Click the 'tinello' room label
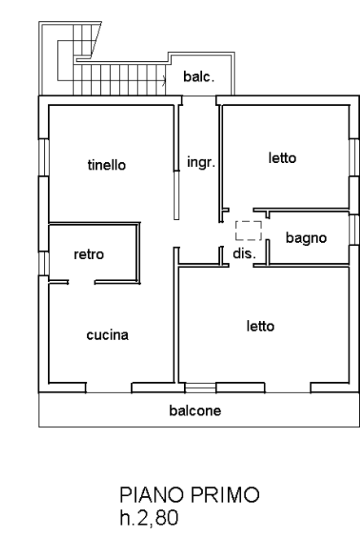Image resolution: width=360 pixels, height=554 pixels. click(x=107, y=165)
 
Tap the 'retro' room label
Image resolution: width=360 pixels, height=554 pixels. click(x=89, y=254)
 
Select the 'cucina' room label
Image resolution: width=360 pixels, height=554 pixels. click(x=108, y=335)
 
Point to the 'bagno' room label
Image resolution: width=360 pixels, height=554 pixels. click(x=306, y=238)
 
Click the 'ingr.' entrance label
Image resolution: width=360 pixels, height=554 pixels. click(x=201, y=162)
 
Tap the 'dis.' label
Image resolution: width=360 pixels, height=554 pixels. click(x=244, y=253)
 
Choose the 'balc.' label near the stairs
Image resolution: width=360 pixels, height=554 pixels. click(x=199, y=77)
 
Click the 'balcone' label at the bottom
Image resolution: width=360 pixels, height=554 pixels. click(x=195, y=411)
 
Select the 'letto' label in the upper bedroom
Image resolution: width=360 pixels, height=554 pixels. click(x=283, y=157)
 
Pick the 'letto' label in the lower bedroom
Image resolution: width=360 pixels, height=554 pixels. click(x=261, y=326)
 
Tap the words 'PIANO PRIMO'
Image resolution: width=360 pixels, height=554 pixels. click(x=190, y=495)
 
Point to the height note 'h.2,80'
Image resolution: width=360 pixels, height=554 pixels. click(x=149, y=518)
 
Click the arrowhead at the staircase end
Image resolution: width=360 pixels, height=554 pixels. click(x=165, y=81)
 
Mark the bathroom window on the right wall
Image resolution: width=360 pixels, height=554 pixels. click(x=353, y=229)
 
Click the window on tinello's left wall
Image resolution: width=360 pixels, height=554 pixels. click(x=43, y=157)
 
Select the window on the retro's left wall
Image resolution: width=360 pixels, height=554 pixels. click(x=43, y=264)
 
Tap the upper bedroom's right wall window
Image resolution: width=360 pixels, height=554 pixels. click(x=353, y=157)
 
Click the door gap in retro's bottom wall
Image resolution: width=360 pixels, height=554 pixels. click(x=81, y=283)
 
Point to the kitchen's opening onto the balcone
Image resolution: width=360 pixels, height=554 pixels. click(x=109, y=388)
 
